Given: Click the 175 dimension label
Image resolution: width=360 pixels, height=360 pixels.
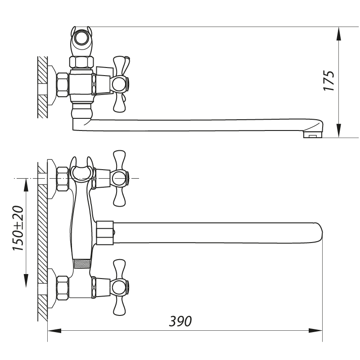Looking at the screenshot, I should (330, 81).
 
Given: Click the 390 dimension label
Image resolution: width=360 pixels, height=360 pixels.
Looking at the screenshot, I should (180, 321).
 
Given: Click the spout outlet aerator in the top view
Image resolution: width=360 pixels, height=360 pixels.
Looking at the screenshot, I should (313, 134).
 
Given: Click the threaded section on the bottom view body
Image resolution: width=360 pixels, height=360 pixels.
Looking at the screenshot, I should (82, 263).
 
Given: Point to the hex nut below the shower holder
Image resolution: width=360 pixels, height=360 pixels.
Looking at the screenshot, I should (81, 62).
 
